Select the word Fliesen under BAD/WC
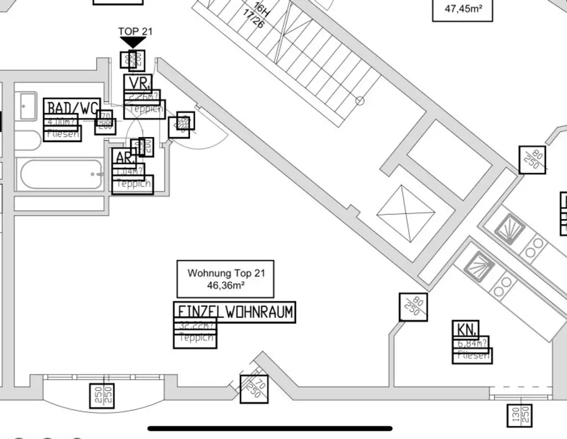(x=62, y=133)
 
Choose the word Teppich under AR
(x=132, y=184)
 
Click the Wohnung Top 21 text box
(x=225, y=279)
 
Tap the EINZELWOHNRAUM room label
(x=234, y=312)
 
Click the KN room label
(x=466, y=330)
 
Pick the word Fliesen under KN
(x=472, y=356)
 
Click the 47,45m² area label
(x=462, y=9)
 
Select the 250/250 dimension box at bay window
(x=102, y=396)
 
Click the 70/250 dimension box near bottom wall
(x=254, y=388)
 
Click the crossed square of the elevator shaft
(x=405, y=213)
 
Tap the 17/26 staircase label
(x=254, y=19)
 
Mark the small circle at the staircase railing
(x=360, y=101)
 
